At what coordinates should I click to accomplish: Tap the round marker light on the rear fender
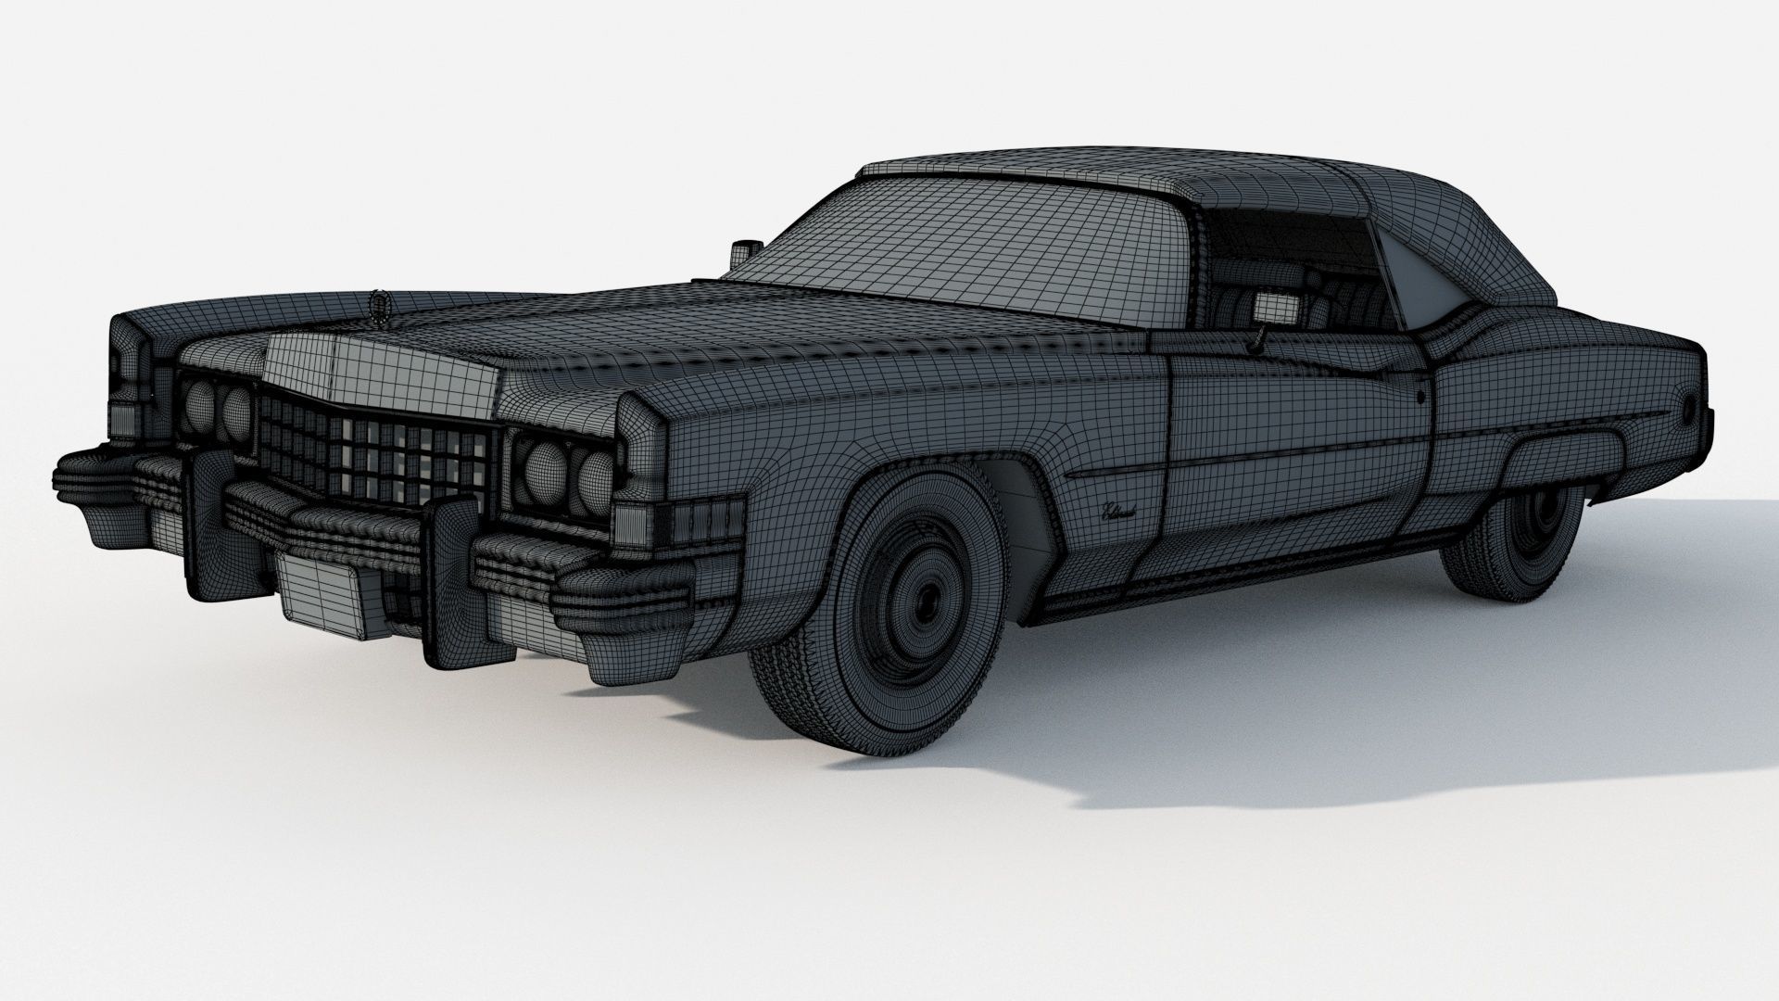[1690, 407]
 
